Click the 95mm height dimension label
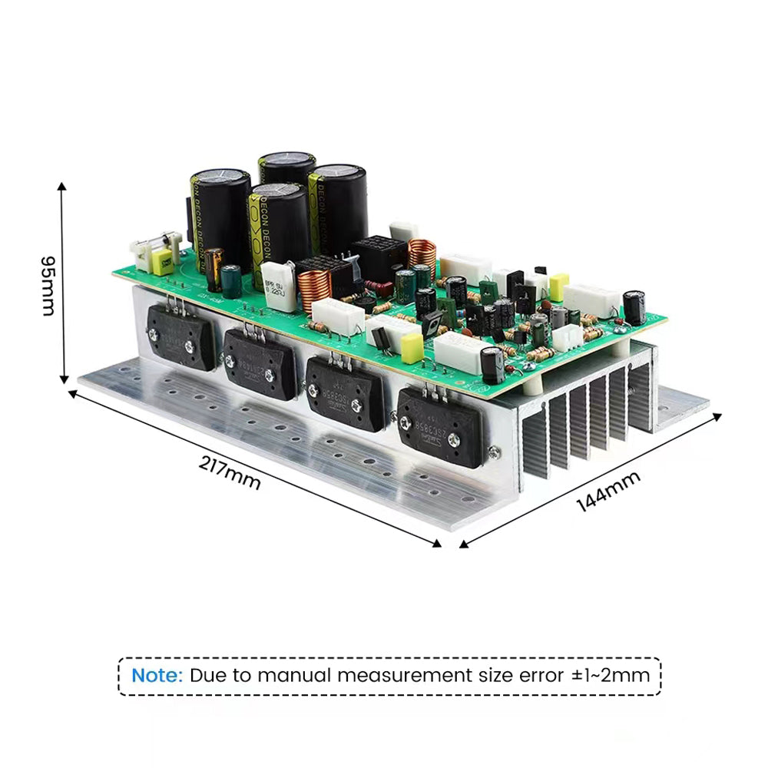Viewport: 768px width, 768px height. pyautogui.click(x=47, y=285)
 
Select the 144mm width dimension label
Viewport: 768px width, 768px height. pyautogui.click(x=607, y=492)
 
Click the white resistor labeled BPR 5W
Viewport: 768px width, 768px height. pyautogui.click(x=278, y=285)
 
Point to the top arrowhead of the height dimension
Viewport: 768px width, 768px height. pyautogui.click(x=62, y=187)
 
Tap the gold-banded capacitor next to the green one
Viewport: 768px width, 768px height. pyautogui.click(x=214, y=269)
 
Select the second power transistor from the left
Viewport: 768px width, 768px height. pyautogui.click(x=260, y=363)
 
